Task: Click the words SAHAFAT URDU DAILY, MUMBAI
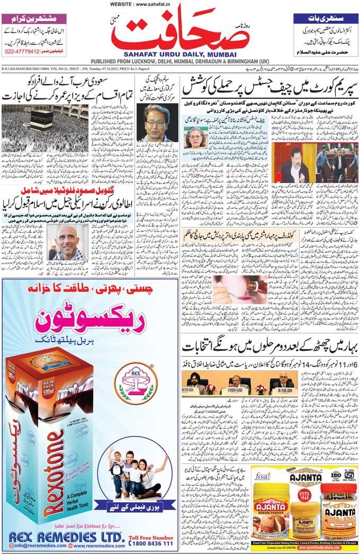[180, 53]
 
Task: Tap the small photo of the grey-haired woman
[194, 138]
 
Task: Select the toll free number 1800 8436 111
[151, 543]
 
